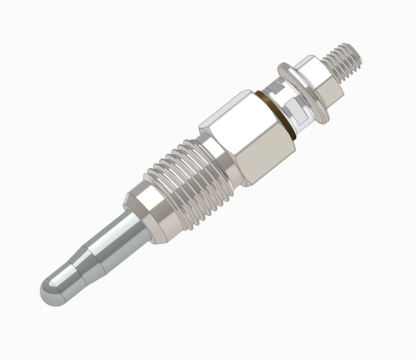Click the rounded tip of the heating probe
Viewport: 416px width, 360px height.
coord(51,293)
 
